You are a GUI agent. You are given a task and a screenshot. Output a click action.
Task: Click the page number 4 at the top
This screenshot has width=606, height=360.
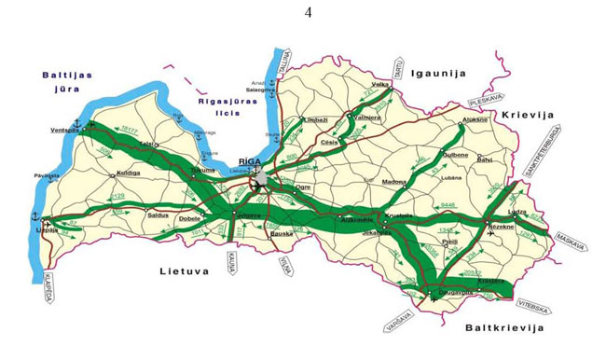tap(307, 12)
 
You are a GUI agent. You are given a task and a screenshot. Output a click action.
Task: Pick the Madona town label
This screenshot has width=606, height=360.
tap(395, 182)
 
